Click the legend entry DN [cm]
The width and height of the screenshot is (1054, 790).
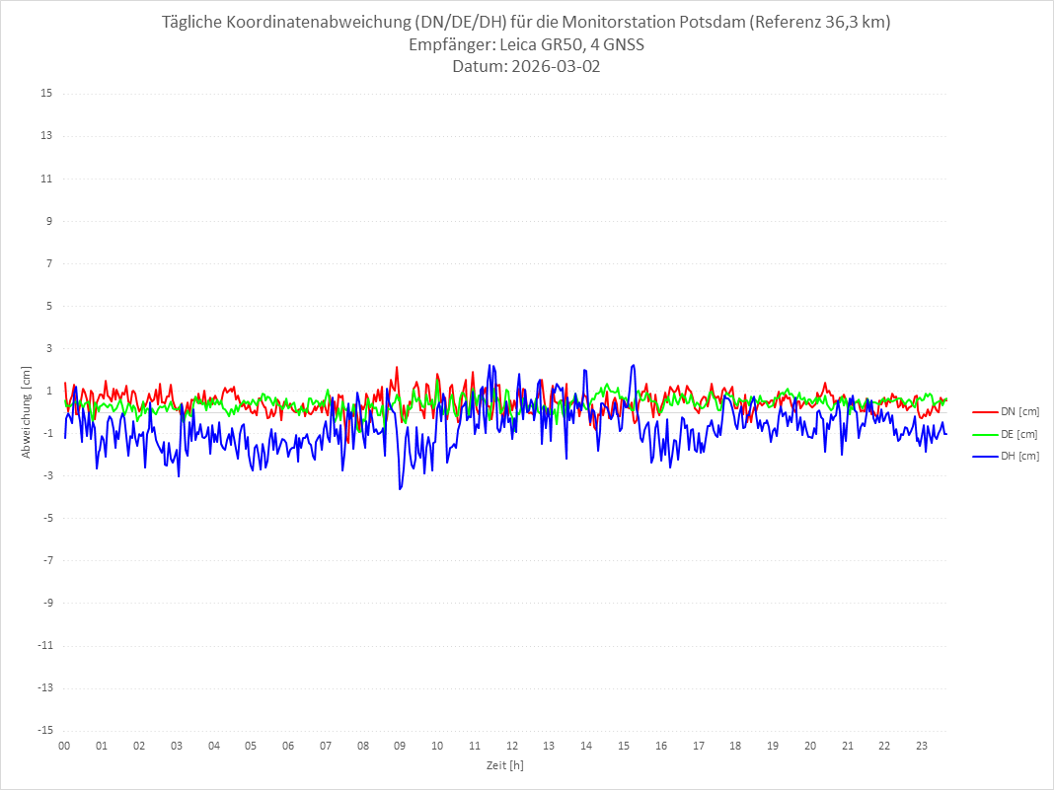[x=1019, y=411]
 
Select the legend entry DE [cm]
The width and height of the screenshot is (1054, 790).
[x=1019, y=434]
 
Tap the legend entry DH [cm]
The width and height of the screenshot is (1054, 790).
[x=1019, y=456]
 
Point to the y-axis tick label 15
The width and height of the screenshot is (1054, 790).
[x=46, y=94]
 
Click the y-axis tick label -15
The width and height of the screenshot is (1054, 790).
[x=44, y=730]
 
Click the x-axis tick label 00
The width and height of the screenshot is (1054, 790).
[x=64, y=746]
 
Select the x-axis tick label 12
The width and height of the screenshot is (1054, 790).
[x=512, y=746]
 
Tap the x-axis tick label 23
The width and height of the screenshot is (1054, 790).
[x=922, y=746]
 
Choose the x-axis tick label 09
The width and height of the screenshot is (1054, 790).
[x=400, y=746]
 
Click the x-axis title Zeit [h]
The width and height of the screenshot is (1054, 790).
[x=505, y=764]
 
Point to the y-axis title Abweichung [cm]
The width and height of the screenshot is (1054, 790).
[x=27, y=411]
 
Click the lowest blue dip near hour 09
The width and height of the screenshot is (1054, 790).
[x=400, y=489]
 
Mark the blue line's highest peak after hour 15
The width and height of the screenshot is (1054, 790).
[x=633, y=365]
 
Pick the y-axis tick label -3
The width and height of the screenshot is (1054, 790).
[x=46, y=475]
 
